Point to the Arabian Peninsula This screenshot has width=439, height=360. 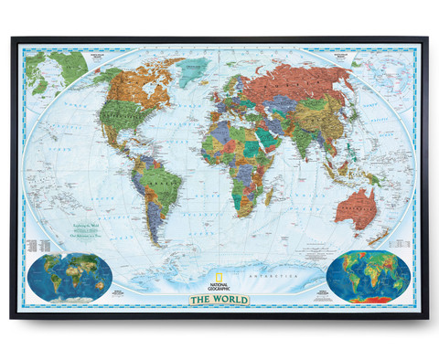click(x=271, y=137)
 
